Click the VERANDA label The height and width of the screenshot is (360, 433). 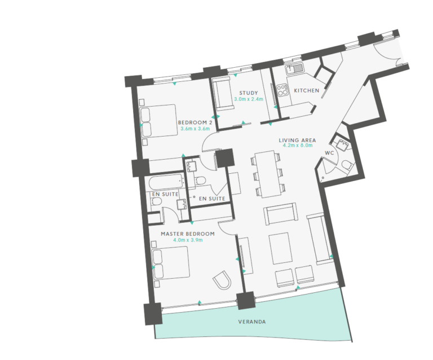[x=251, y=322]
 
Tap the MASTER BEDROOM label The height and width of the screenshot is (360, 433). [x=188, y=234]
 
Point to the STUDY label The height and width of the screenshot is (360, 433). [x=248, y=93]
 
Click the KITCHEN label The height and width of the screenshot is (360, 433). [x=306, y=90]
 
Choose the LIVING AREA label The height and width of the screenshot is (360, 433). [x=297, y=139]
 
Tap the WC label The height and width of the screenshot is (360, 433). [x=330, y=153]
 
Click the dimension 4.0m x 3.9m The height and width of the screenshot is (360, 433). [x=188, y=240]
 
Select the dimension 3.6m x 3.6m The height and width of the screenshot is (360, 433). [x=195, y=129]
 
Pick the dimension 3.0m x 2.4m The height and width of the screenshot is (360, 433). [x=248, y=99]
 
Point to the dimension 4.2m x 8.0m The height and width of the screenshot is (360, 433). [x=297, y=146]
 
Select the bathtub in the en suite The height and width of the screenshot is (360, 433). [x=164, y=183]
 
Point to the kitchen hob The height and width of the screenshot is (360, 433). [x=280, y=93]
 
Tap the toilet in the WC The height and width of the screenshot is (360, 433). [x=347, y=165]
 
